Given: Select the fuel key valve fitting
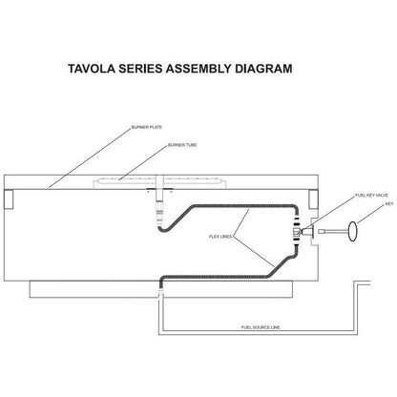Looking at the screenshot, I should (x=312, y=229).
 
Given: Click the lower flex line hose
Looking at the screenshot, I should (x=239, y=273).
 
